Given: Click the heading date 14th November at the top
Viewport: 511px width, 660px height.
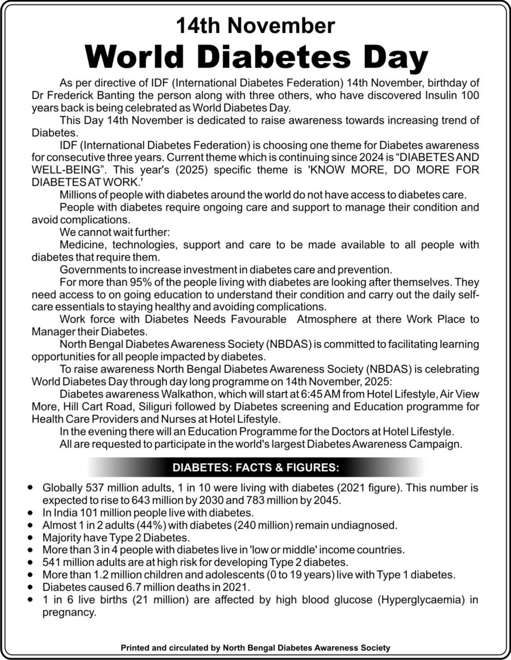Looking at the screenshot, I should [255, 25].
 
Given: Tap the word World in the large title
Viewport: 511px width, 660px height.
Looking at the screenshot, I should [134, 57].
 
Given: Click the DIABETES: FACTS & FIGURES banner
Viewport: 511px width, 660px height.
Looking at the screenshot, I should [255, 468].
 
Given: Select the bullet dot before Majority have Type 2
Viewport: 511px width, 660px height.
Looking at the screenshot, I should [30, 538].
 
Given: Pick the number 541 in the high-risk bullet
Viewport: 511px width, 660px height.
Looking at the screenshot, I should [52, 563].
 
